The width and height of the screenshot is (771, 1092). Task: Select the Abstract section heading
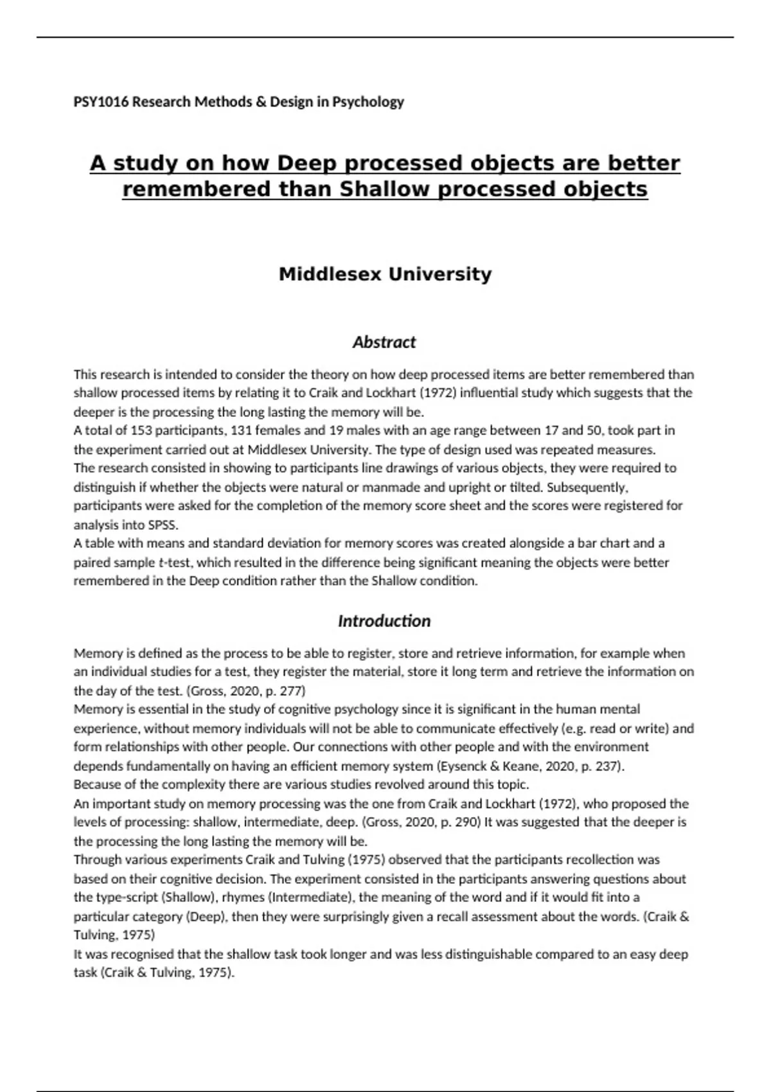click(x=384, y=342)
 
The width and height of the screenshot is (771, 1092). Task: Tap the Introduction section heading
click(x=384, y=621)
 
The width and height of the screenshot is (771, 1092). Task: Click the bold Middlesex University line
click(x=385, y=274)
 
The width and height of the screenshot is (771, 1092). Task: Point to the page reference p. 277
click(x=285, y=691)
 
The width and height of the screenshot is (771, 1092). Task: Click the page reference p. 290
click(x=460, y=822)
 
